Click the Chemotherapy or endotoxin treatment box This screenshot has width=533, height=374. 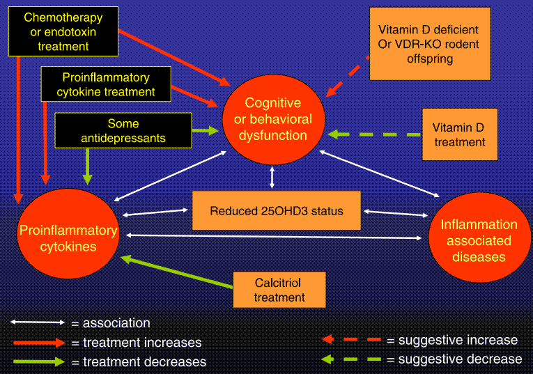pos(63,32)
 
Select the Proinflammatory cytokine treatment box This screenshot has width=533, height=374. pos(108,84)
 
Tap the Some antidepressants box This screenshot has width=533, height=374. pos(123,130)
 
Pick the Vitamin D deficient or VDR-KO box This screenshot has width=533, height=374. pos(430,44)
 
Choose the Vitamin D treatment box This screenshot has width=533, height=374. pos(459,134)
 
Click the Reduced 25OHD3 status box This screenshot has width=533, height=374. pos(277,211)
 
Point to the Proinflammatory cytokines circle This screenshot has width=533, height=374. pos(68,237)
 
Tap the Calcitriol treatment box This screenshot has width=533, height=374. pos(279,290)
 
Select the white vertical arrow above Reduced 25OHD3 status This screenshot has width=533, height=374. pos(272,177)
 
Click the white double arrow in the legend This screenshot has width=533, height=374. pos(38,322)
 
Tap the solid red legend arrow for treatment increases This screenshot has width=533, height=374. pos(38,343)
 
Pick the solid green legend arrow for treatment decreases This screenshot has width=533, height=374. pos(38,361)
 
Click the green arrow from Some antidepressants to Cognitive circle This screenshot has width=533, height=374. pos(205,130)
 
